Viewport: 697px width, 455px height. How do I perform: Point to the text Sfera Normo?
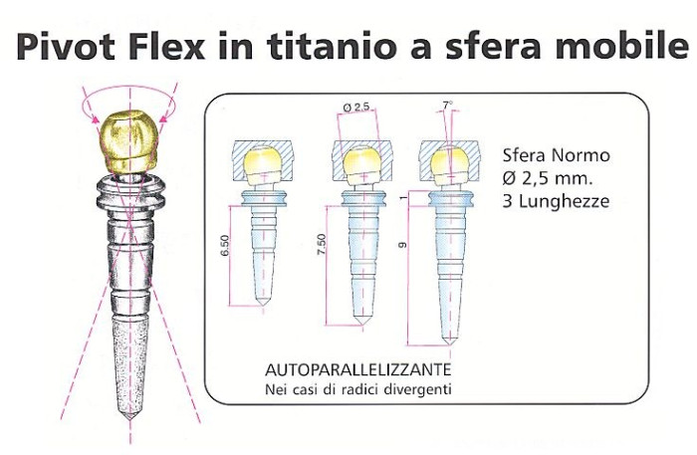point(556,156)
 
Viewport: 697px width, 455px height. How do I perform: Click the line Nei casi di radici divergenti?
point(357,388)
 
